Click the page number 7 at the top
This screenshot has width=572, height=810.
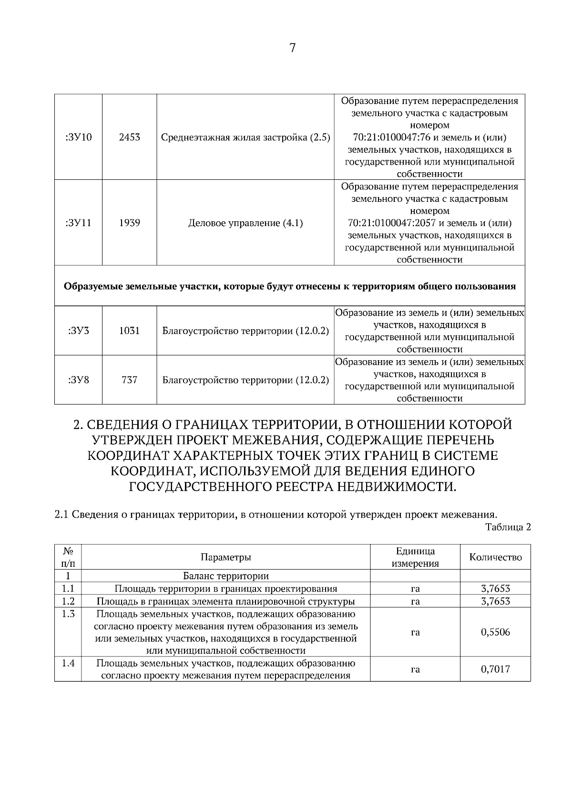(x=292, y=48)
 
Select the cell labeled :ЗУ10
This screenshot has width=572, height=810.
(x=78, y=137)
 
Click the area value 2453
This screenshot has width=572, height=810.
(x=130, y=137)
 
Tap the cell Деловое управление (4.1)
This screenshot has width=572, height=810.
(x=245, y=223)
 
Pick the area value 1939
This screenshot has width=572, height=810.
(x=130, y=223)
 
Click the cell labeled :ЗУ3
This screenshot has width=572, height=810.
(x=78, y=330)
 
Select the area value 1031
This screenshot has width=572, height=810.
(x=130, y=330)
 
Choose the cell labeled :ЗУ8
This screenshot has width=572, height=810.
(x=78, y=380)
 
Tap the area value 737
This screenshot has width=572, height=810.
(x=130, y=380)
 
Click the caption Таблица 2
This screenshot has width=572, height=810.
(x=508, y=527)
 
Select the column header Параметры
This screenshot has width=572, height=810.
(x=225, y=557)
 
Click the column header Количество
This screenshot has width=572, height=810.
(x=495, y=557)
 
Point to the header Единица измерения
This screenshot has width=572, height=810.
(x=415, y=557)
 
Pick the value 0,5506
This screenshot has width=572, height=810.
(x=495, y=632)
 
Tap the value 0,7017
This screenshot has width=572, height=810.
(x=495, y=669)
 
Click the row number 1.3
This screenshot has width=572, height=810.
(x=68, y=614)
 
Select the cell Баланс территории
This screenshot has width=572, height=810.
(x=225, y=576)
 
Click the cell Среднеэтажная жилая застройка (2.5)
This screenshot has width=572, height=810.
(x=245, y=137)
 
